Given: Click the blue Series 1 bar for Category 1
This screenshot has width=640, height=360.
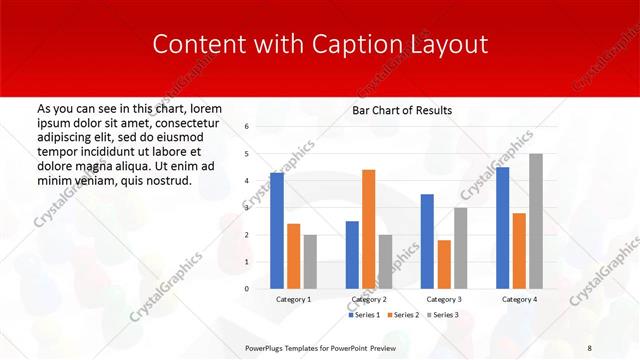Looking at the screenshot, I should (277, 231).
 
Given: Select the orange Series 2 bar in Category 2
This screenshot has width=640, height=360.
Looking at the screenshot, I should (368, 229).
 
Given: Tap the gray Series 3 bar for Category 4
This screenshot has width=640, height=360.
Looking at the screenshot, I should (535, 221).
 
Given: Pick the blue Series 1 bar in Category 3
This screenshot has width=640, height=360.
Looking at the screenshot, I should (427, 241).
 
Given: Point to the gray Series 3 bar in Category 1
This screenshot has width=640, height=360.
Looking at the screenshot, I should (310, 261).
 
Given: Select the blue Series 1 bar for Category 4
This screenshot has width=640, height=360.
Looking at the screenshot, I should (502, 227).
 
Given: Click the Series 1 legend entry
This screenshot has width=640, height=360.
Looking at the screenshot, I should (365, 315).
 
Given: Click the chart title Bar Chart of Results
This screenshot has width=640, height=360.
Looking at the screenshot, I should (402, 110).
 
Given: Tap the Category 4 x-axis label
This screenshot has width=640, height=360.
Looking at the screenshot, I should (518, 299).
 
